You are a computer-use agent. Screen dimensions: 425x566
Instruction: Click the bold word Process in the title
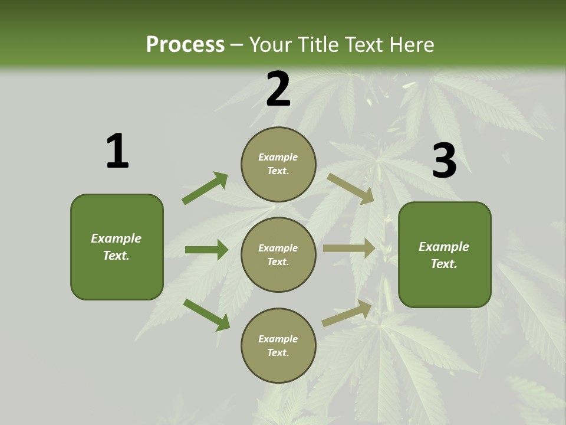(x=185, y=45)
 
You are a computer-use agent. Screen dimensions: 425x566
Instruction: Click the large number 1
(x=117, y=151)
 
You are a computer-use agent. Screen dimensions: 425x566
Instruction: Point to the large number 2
(x=278, y=89)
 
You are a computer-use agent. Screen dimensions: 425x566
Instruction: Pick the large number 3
(x=444, y=161)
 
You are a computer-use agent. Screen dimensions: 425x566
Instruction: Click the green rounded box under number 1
(x=117, y=247)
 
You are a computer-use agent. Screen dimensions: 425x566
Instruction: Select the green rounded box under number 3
(x=445, y=255)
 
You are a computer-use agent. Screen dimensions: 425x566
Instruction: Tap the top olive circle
(x=278, y=164)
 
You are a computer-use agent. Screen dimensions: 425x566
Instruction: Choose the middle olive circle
(x=278, y=254)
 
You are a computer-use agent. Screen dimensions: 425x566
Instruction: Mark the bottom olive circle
(x=278, y=345)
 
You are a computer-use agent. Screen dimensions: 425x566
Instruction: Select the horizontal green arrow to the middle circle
(x=206, y=250)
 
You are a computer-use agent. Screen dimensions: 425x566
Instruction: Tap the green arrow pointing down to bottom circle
(x=206, y=315)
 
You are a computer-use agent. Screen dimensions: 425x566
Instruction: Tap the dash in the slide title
(x=237, y=45)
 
